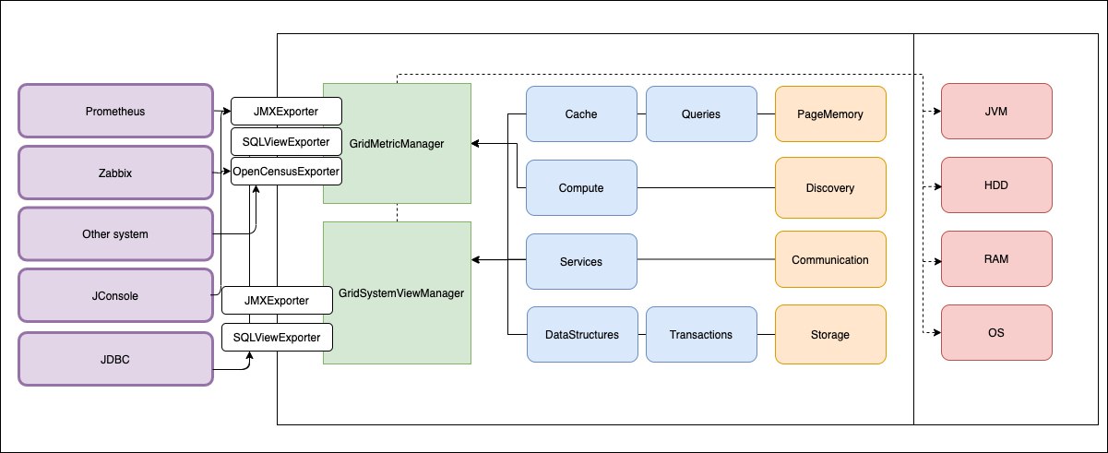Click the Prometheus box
(115, 111)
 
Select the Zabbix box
(115, 173)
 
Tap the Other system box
(115, 234)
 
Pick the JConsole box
(115, 295)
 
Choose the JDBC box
(115, 359)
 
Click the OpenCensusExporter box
(286, 171)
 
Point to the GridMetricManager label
(397, 144)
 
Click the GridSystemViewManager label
(401, 293)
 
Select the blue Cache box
(581, 114)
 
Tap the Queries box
(701, 114)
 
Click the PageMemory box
(830, 114)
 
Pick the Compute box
(581, 188)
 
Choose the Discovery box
(830, 188)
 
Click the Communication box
(830, 259)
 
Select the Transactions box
(701, 335)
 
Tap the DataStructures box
(582, 335)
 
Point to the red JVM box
(996, 112)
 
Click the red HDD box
(996, 185)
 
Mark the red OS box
(996, 333)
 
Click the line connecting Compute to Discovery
(706, 188)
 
